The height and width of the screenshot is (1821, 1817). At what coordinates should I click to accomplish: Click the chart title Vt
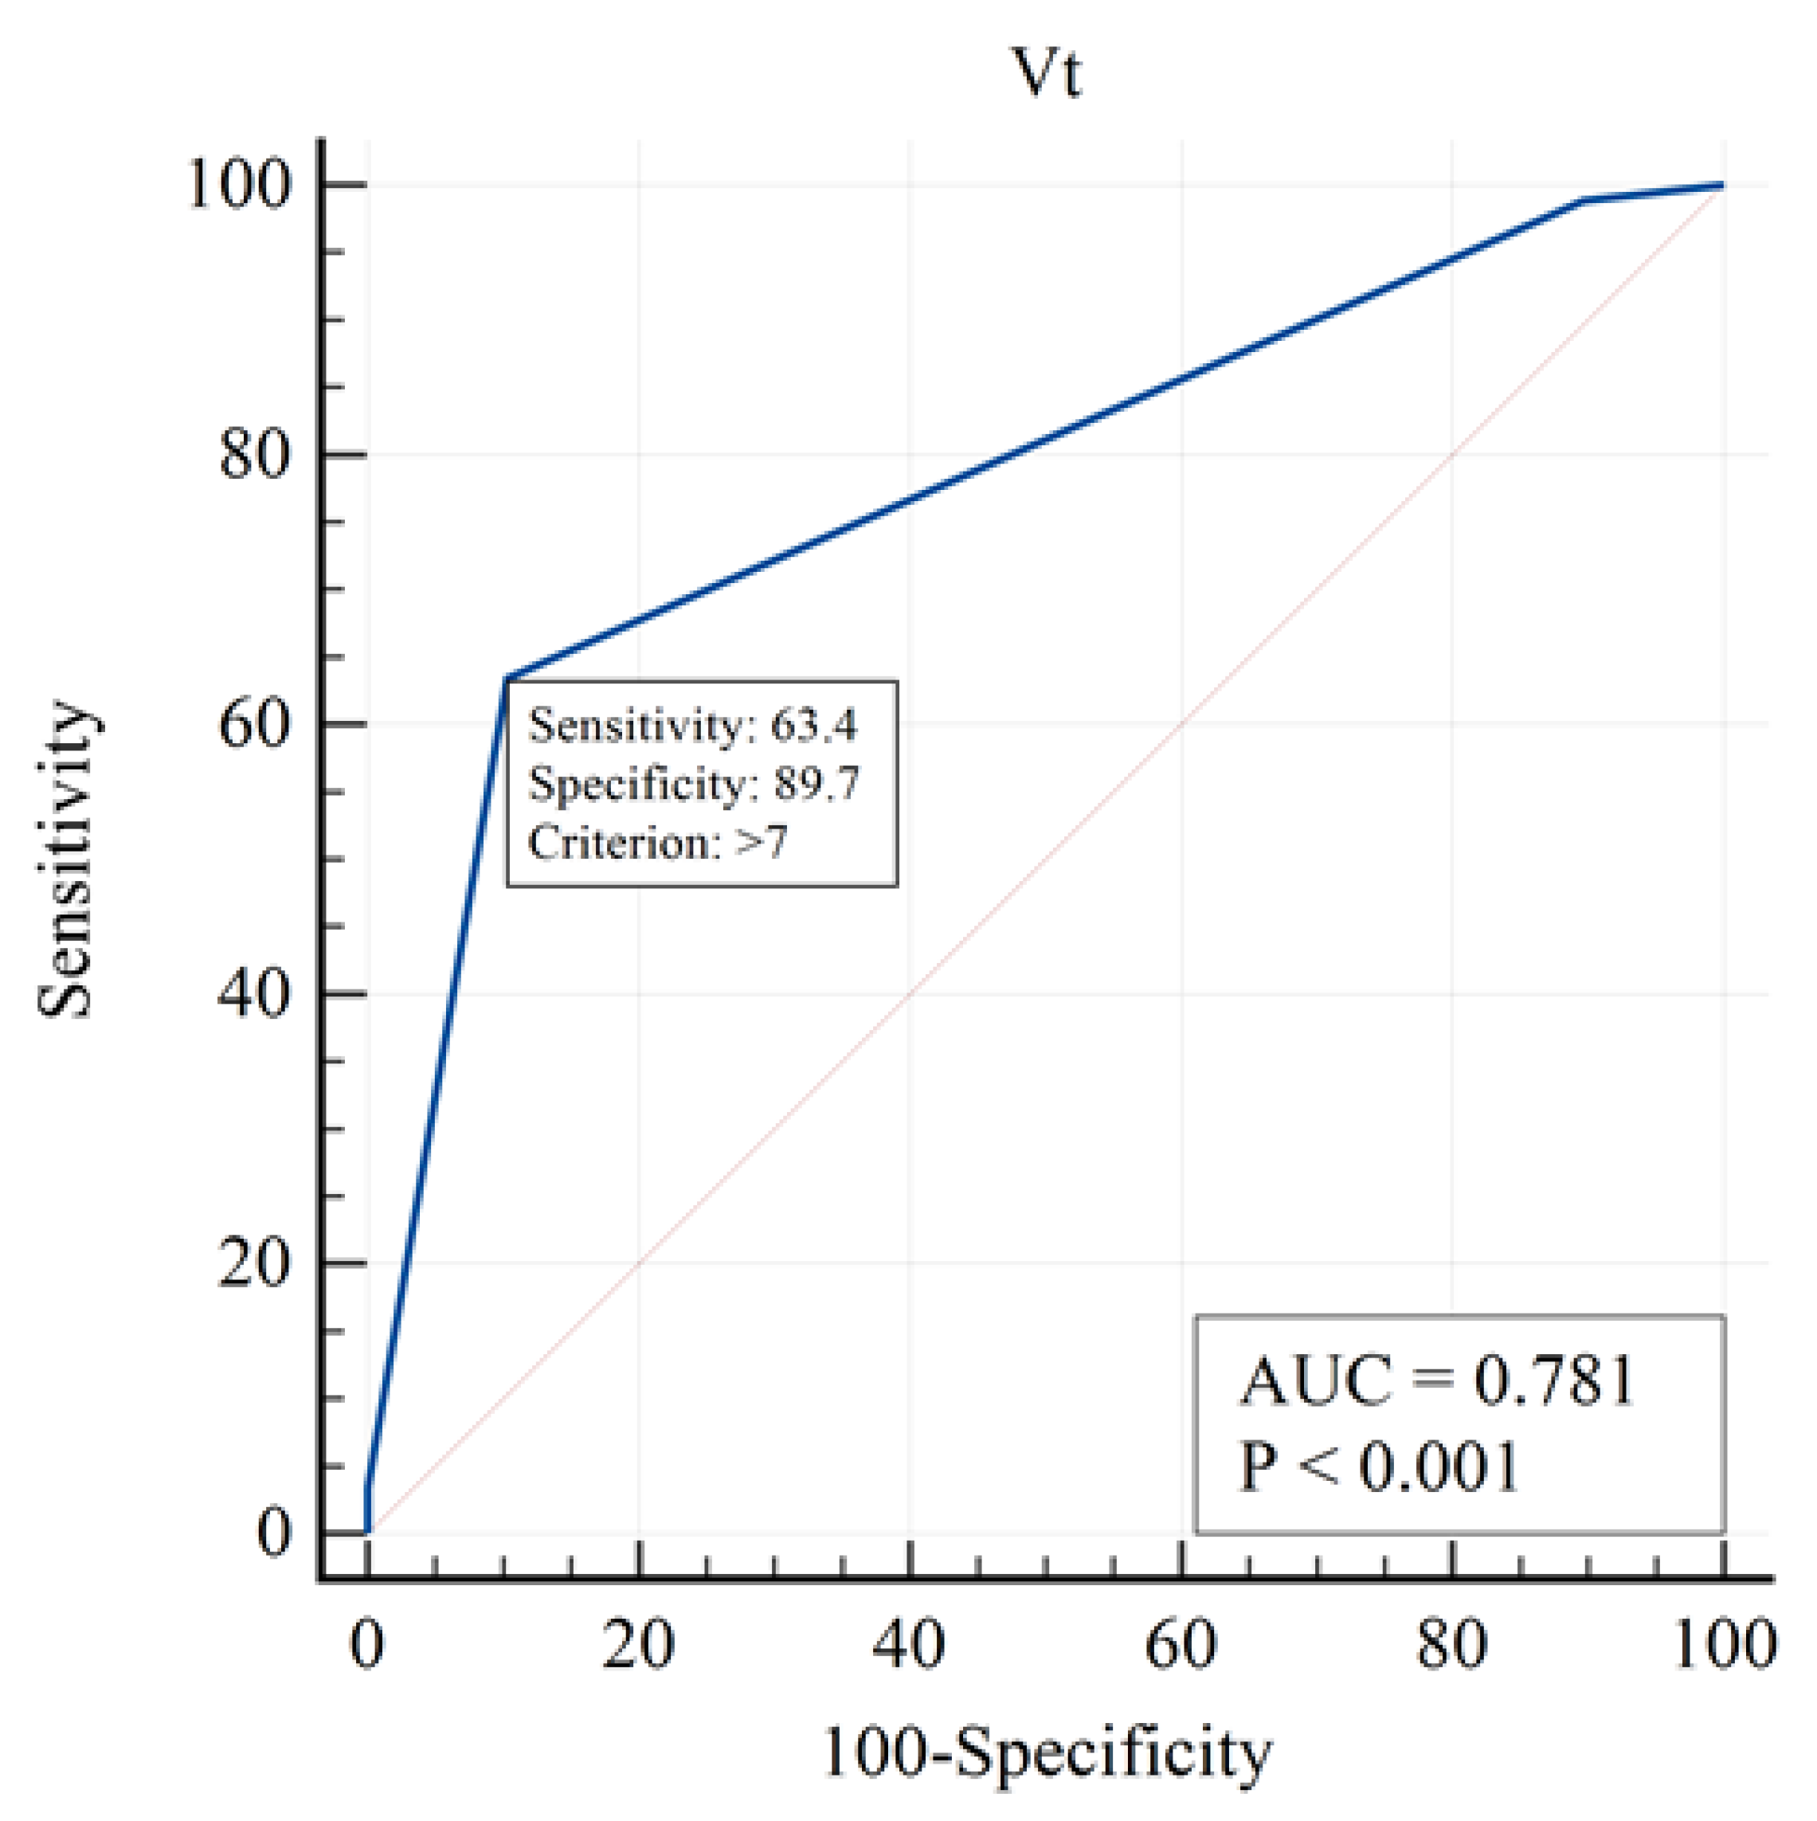point(1047,72)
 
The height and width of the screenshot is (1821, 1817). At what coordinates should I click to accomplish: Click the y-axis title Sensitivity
point(68,859)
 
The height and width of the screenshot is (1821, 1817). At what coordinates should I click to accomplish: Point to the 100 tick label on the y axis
point(237,185)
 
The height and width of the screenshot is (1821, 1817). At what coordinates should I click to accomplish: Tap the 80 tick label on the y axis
point(253,456)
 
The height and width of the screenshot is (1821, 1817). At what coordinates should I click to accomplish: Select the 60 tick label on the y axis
point(253,725)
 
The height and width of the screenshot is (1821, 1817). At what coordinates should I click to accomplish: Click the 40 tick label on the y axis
point(253,994)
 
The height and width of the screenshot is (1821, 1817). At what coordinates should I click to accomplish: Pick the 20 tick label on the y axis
point(253,1264)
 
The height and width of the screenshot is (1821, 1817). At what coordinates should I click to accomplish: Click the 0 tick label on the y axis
point(273,1533)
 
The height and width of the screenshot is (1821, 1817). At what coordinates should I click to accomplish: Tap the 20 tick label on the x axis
point(639,1645)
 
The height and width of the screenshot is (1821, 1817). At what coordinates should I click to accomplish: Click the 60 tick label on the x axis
point(1181,1645)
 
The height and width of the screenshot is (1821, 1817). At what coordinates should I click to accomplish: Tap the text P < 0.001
point(1380,1467)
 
